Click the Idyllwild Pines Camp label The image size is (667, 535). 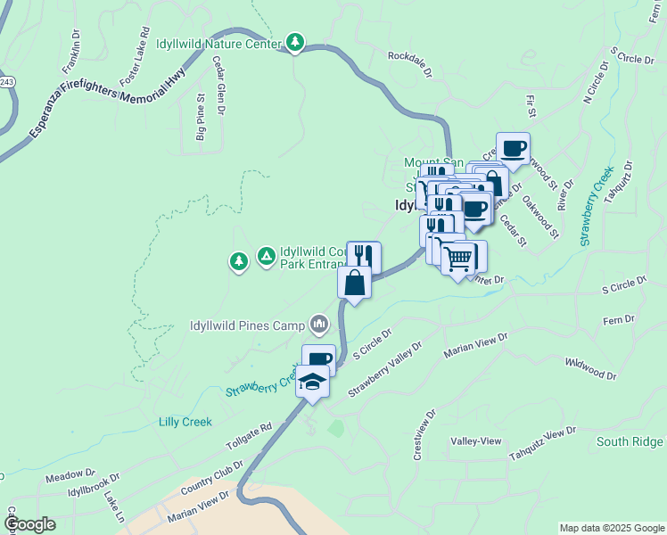coord(246,325)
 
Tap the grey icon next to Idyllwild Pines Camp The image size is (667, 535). coord(318,323)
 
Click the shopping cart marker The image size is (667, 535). coord(458,259)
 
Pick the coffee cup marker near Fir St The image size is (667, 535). coord(513,148)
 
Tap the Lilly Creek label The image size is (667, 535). coord(185,421)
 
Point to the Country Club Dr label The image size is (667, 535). coord(211,479)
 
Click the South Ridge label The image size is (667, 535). coord(630,441)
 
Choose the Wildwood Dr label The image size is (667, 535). coord(590,369)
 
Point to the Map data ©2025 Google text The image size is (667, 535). coord(611,528)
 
